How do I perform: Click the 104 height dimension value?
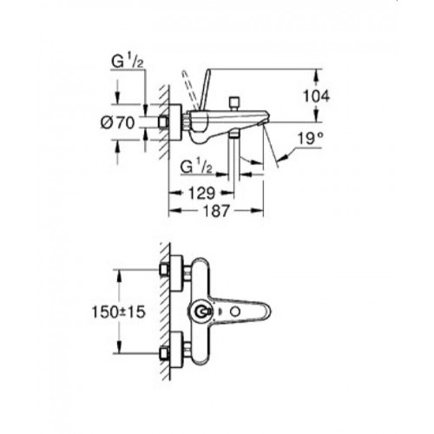316,96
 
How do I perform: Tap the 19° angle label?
310,139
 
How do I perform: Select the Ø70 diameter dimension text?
118,123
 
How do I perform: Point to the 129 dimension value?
202,193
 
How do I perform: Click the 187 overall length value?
216,211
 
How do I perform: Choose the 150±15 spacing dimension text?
118,312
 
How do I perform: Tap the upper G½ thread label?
128,62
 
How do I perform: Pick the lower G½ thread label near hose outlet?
195,167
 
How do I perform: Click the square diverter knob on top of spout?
233,102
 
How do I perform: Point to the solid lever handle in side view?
202,89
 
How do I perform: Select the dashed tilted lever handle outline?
188,90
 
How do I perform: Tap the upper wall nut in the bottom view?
164,270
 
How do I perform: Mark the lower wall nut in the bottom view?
164,353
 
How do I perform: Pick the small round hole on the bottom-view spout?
235,312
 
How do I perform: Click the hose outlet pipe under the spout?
234,156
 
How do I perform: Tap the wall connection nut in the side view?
163,122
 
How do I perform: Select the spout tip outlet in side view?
262,123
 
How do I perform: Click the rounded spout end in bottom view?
266,312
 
